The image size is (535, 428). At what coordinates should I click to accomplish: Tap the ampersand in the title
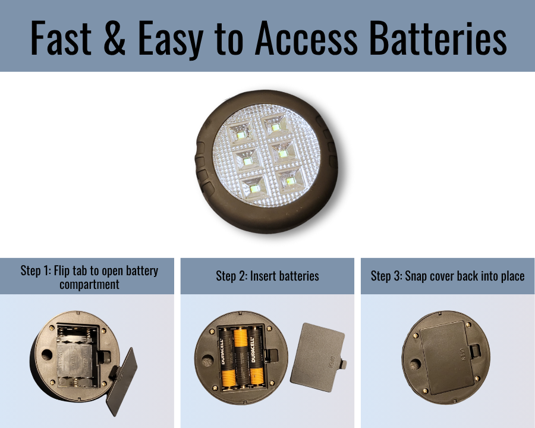pyautogui.click(x=114, y=38)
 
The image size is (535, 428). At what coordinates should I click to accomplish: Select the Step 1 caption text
pyautogui.click(x=89, y=277)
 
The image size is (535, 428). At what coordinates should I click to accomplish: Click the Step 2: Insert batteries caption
pyautogui.click(x=267, y=276)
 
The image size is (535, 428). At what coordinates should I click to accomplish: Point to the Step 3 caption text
pyautogui.click(x=447, y=276)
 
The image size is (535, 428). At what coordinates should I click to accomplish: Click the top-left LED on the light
pyautogui.click(x=241, y=135)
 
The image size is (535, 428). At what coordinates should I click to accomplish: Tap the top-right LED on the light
pyautogui.click(x=276, y=127)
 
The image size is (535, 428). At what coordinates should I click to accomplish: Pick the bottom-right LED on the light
pyautogui.click(x=290, y=181)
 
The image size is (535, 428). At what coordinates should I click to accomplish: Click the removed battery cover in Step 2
pyautogui.click(x=317, y=357)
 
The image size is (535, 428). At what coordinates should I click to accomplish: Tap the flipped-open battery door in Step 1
pyautogui.click(x=121, y=382)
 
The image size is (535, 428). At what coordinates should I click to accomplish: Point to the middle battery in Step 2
pyautogui.click(x=241, y=358)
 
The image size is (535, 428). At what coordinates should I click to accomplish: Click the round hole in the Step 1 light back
pyautogui.click(x=47, y=355)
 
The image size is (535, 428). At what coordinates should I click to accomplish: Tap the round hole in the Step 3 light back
pyautogui.click(x=414, y=364)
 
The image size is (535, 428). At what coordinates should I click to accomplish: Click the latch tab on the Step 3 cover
pyautogui.click(x=474, y=351)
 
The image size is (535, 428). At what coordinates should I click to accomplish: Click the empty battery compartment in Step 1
pyautogui.click(x=77, y=355)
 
